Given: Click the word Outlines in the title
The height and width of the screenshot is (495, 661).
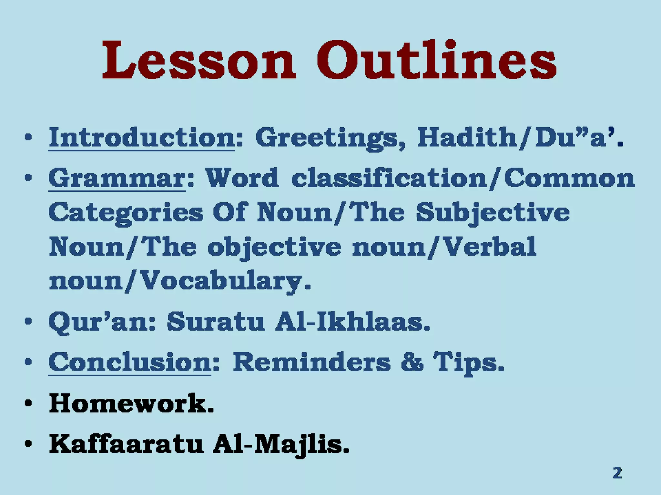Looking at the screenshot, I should coord(436,60).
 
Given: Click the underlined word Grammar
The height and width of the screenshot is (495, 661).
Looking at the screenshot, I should coord(117,178).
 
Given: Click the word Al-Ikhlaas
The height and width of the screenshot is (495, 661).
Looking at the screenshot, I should coord(352,322).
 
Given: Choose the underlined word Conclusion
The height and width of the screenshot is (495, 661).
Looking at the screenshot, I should coord(130,363).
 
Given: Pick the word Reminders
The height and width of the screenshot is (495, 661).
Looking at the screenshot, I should coord(311,363).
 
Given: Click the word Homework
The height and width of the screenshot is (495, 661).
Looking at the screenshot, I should coord(131,403).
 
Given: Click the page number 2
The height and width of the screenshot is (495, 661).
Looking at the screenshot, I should coord(617,473).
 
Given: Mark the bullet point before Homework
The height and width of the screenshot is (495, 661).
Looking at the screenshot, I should coord(28,404).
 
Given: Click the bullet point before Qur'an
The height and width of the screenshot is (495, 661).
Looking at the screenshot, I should coord(28,322).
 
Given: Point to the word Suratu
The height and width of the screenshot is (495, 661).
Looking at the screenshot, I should coord(216,322).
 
